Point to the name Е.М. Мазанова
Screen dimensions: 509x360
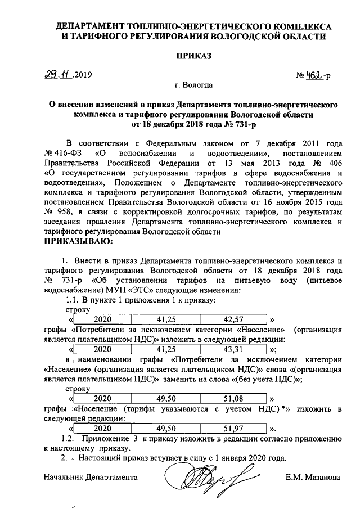tap(313, 477)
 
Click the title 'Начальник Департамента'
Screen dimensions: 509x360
tap(91, 477)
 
